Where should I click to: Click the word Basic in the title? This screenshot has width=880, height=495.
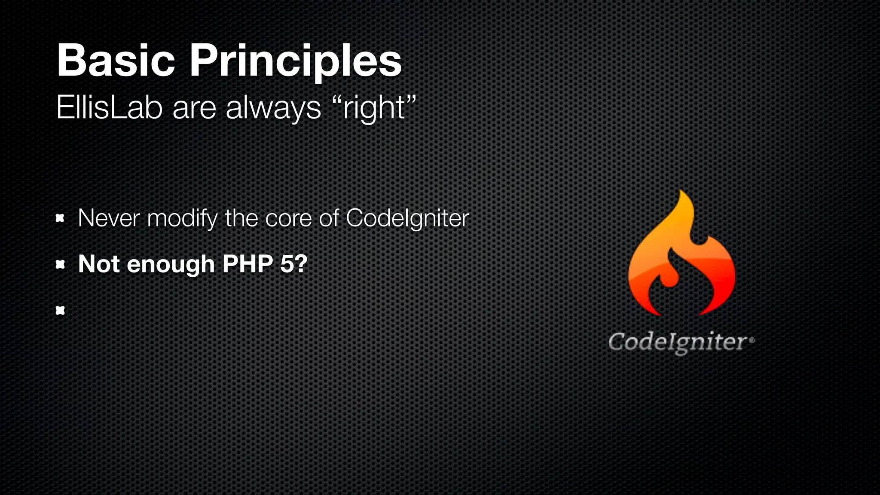[115, 61]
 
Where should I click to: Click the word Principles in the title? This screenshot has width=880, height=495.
[295, 61]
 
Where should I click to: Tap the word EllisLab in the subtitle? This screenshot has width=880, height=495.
[109, 107]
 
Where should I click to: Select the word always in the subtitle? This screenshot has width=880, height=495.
[273, 108]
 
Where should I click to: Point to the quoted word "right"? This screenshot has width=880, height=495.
[374, 107]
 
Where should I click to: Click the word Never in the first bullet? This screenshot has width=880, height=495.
[109, 218]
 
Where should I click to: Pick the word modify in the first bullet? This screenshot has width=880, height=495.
[182, 218]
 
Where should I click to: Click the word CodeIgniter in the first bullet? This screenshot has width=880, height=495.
[407, 218]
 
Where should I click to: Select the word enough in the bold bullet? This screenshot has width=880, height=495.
[171, 264]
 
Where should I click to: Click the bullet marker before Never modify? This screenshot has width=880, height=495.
[60, 219]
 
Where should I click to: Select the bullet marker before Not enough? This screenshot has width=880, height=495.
[60, 265]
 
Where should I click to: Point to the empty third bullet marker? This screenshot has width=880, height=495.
[60, 310]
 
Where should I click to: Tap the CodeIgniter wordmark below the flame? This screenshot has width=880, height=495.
[678, 342]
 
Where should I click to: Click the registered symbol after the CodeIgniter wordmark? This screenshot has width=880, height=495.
[752, 340]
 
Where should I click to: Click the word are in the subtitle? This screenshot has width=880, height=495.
[194, 108]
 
